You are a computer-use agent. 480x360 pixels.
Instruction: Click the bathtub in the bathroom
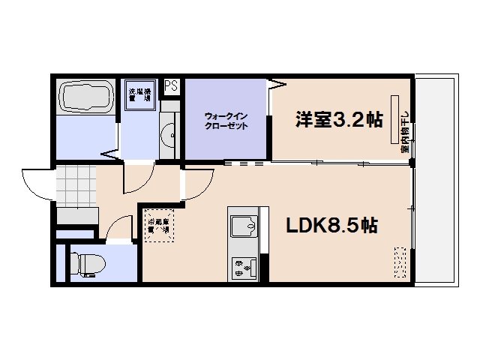86,97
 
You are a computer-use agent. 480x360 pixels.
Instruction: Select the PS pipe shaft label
172,85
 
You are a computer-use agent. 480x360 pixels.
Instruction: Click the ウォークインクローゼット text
226,121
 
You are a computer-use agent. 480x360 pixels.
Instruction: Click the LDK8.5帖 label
331,225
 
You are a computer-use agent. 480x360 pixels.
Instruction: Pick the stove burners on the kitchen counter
244,265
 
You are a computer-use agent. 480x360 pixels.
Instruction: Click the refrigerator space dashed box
160,224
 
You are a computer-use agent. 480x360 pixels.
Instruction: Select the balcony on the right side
435,180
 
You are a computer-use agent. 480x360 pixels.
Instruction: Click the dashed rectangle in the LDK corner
400,263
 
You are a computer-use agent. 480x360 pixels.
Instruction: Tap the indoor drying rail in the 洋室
393,118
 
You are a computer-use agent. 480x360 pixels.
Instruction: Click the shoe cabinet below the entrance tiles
77,216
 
